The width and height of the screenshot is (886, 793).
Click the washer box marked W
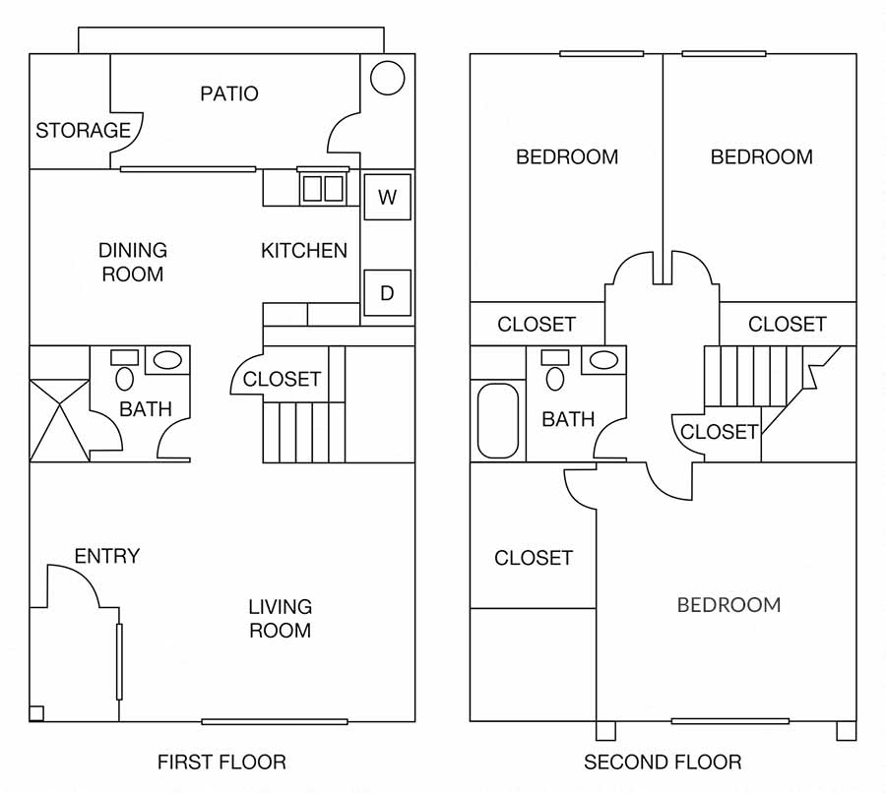[x=387, y=197]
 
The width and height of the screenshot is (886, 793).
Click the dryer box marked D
[x=387, y=293]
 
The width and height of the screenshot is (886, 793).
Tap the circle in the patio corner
[x=388, y=78]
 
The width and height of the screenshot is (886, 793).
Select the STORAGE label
[x=83, y=130]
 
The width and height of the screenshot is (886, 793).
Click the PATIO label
[x=228, y=93]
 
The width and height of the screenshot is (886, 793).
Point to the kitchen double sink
[x=323, y=188]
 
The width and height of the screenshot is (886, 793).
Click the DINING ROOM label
[x=133, y=262]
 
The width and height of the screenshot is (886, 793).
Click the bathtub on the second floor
[x=497, y=420]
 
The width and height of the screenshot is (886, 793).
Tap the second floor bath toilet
[x=555, y=377]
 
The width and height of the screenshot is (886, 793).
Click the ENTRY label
[x=107, y=556]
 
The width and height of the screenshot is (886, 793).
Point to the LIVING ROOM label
[x=280, y=618]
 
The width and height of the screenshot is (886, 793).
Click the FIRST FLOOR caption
[x=221, y=762]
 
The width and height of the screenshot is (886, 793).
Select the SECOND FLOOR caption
[x=663, y=762]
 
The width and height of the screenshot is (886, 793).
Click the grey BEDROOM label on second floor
[x=728, y=604]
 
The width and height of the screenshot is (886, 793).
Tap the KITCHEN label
[x=304, y=251]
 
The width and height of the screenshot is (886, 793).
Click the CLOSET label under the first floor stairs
[x=282, y=379]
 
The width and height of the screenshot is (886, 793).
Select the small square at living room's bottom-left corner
[x=36, y=713]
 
